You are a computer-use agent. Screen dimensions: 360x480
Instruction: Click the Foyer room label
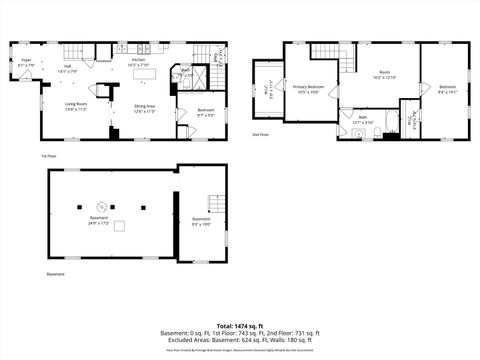click(27, 63)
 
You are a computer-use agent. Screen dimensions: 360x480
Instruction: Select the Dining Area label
click(146, 108)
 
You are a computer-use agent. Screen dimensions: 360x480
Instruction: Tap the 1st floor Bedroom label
click(203, 111)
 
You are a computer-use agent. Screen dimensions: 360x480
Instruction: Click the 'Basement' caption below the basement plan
click(56, 273)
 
